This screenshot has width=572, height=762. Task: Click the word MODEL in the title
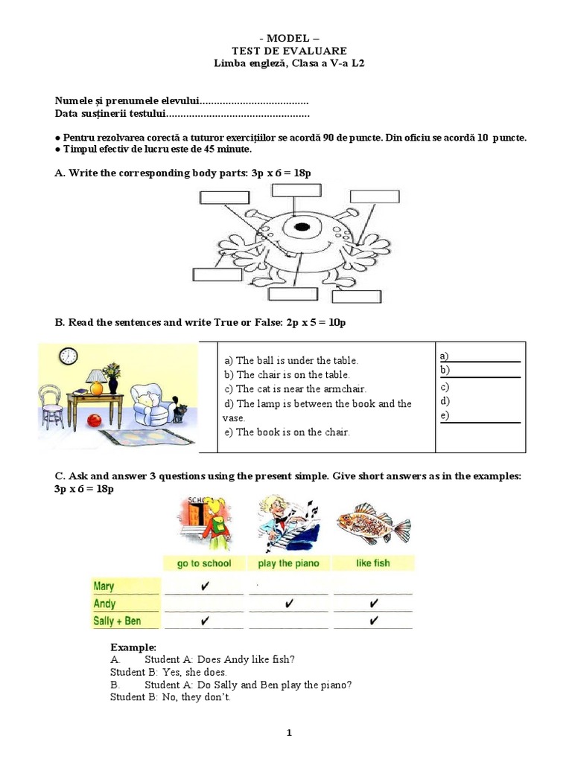coord(286,38)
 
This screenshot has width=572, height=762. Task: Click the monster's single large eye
coord(301,225)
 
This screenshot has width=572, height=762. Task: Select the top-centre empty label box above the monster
coord(296,190)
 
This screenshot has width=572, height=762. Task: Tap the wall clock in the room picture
coord(69,356)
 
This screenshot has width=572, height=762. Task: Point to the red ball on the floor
coord(94,420)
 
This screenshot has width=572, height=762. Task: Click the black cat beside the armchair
coord(179,411)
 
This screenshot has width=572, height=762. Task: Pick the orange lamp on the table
coord(95,382)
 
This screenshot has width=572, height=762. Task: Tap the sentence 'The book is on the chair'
coord(286,432)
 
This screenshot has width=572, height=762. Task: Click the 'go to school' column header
coord(204,563)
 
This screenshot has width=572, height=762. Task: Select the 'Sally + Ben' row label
coord(117,621)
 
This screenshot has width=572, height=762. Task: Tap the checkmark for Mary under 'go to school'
coord(204,586)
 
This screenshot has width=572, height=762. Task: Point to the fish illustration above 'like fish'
coord(372,524)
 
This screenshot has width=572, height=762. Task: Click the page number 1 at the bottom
coord(290,733)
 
